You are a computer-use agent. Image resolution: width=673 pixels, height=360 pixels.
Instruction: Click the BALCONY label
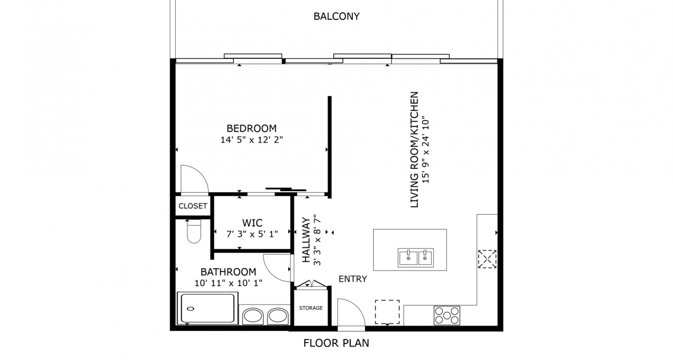tap(336, 17)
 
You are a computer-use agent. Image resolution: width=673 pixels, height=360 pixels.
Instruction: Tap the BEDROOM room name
tap(251, 128)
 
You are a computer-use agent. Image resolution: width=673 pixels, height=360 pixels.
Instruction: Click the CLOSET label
tap(193, 206)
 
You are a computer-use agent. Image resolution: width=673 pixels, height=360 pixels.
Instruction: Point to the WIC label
tap(252, 223)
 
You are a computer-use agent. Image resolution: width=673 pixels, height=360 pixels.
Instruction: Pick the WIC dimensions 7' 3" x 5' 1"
tap(252, 234)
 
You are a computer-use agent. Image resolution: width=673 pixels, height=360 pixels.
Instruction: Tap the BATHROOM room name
tap(228, 272)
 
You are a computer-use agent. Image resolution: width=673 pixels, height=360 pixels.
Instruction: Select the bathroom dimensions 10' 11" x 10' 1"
tap(228, 283)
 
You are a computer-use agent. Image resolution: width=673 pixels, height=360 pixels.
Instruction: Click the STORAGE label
tap(310, 308)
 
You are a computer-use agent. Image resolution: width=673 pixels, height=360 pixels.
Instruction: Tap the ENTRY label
tap(352, 279)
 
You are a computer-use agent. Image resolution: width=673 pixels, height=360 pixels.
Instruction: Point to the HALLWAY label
tap(306, 240)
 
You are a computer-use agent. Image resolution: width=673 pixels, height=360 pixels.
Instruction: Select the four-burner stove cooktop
tap(447, 315)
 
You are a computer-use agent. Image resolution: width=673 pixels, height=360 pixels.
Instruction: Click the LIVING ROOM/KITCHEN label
tap(415, 150)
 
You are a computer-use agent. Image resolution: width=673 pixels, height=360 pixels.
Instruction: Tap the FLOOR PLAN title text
tap(336, 343)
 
